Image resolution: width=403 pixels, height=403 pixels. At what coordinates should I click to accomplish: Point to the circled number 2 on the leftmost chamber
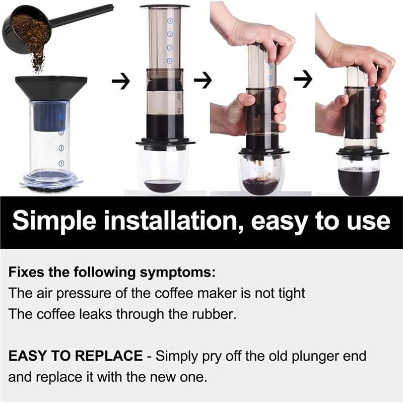61,148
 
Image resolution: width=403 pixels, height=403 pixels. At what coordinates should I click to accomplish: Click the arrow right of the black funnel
120,81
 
